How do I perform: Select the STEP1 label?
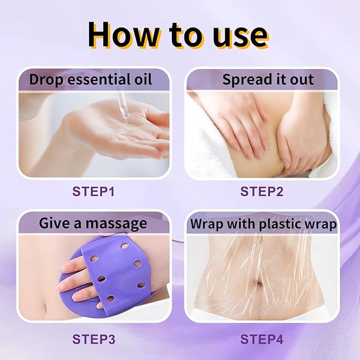pos(93,191)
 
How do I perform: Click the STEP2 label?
pos(262,191)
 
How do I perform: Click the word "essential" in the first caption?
pos(96,80)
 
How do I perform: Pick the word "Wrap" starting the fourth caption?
pos(207,224)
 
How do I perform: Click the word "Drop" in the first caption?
pos(44,80)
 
